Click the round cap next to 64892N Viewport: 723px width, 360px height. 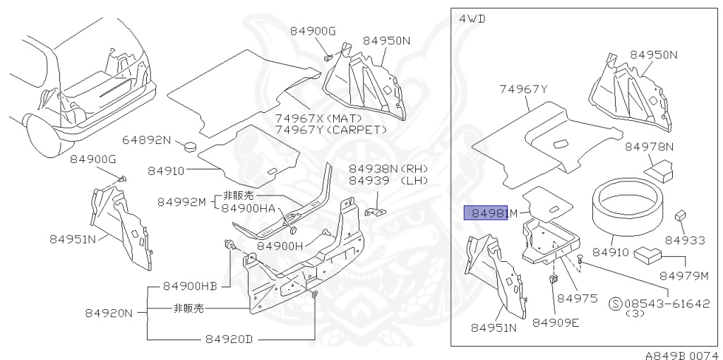point(189,147)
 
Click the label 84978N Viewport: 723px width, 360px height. point(650,147)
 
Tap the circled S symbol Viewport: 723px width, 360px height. point(615,303)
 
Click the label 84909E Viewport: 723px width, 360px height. point(555,322)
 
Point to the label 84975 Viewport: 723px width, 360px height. point(577,298)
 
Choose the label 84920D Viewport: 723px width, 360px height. point(229,339)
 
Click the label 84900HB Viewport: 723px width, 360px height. point(189,286)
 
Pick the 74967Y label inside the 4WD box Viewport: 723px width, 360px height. point(523,89)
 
